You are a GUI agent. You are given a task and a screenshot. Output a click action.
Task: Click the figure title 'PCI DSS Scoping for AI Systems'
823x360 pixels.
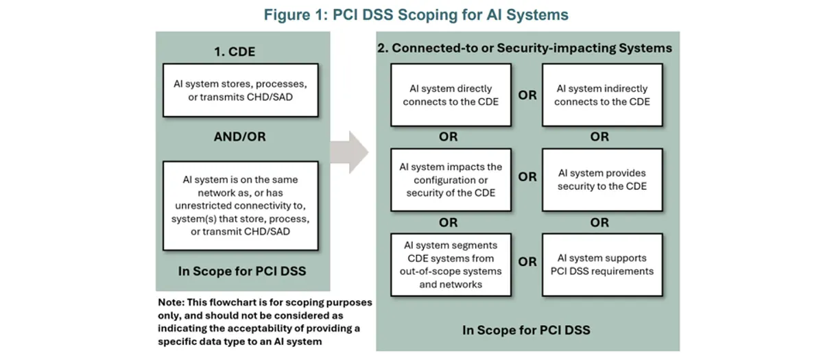pos(451,15)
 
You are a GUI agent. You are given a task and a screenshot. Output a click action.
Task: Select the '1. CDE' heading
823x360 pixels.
pos(235,52)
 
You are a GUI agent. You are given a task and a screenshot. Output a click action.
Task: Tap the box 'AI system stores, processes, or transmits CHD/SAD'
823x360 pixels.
pos(241,91)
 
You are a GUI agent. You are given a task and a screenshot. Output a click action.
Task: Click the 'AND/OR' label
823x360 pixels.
pos(239,136)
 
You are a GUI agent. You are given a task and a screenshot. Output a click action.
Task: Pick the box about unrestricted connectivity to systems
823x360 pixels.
pos(241,206)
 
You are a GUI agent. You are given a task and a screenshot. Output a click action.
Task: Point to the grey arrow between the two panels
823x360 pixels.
pos(349,152)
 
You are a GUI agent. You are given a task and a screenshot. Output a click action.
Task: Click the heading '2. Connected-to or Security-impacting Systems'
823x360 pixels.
pos(525,48)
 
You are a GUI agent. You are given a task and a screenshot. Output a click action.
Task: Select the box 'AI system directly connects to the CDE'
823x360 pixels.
pos(451,95)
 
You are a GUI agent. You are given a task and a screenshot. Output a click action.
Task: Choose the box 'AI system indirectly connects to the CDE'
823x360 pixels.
pos(603,95)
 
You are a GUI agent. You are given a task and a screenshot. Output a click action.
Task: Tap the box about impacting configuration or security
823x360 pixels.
pos(451,180)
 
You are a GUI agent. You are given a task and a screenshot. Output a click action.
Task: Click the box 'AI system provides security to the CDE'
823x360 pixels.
pos(603,180)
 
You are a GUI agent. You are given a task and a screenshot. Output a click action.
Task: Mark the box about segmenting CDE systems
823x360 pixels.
pos(451,265)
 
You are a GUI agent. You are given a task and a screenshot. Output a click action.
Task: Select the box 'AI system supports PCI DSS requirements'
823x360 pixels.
pos(603,265)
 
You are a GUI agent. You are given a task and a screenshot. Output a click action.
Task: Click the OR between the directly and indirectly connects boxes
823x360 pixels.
pos(527,95)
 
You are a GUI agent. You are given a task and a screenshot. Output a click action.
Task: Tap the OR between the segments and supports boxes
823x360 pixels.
pos(527,262)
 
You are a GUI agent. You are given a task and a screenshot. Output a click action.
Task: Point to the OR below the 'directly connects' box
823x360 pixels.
pos(449,137)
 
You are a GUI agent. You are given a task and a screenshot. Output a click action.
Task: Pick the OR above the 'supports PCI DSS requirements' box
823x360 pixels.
pos(599,223)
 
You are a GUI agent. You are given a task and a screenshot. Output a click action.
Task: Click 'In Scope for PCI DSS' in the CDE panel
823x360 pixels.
pos(242,272)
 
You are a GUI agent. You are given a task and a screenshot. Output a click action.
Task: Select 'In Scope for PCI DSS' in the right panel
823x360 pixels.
pos(526,331)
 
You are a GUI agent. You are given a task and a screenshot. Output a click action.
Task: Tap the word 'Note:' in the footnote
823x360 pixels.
pos(171,302)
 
